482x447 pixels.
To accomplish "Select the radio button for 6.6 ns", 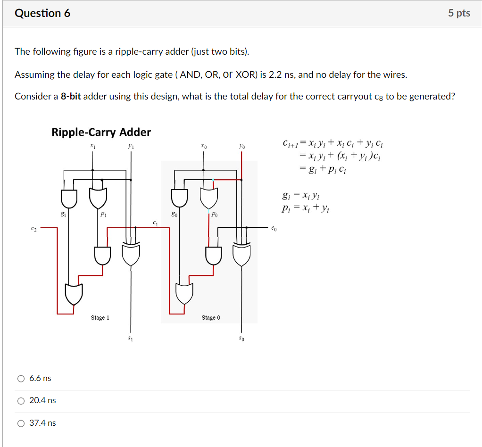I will coord(21,379).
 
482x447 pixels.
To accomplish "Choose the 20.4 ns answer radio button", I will coord(21,401).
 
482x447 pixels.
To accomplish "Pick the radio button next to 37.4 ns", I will coord(21,423).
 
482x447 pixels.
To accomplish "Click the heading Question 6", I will coord(42,13).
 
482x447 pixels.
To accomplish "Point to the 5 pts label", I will coord(459,13).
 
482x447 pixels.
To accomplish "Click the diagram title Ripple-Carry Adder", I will coord(101,132).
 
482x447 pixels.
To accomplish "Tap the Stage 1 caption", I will coord(100,318).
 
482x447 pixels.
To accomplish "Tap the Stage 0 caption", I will coord(211,318).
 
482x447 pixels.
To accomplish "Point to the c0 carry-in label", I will coord(274,229).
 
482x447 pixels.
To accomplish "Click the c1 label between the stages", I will coord(155,222).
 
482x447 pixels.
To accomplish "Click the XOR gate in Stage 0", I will coord(242,255).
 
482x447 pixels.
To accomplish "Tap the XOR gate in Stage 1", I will coord(131,255).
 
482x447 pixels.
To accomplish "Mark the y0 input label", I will coord(241,147).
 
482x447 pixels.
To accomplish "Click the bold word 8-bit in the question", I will coord(71,97).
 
